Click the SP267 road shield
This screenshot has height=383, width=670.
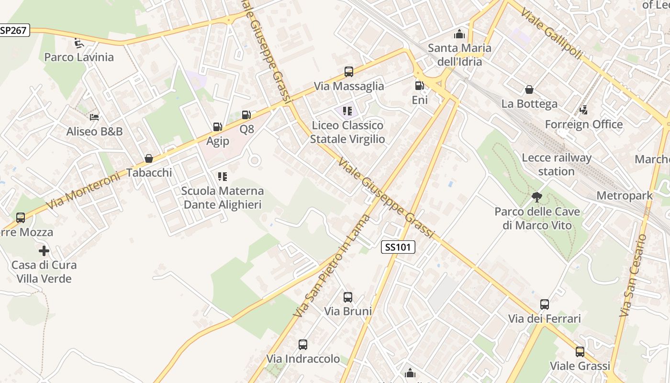(14, 31)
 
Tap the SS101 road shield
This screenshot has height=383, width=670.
(398, 247)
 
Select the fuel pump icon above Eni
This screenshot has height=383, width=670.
(419, 86)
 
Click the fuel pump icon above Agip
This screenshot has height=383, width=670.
(217, 127)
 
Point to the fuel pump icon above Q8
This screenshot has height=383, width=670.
(246, 115)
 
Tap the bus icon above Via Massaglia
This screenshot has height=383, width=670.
(349, 72)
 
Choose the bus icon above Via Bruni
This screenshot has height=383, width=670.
(348, 297)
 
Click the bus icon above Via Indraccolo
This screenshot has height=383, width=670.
(303, 345)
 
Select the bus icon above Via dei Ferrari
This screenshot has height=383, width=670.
(545, 304)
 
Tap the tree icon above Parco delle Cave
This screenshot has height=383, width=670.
(537, 197)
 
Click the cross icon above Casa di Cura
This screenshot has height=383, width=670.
(44, 250)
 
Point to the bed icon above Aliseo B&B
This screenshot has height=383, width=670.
(94, 117)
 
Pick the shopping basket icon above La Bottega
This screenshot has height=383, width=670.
(529, 90)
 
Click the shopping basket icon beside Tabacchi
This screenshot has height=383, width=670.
(149, 158)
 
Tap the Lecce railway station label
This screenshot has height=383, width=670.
(557, 164)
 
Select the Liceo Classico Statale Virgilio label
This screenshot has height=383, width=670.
(347, 132)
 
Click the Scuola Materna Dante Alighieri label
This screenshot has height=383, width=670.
(223, 198)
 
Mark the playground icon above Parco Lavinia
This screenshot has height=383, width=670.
(79, 43)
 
